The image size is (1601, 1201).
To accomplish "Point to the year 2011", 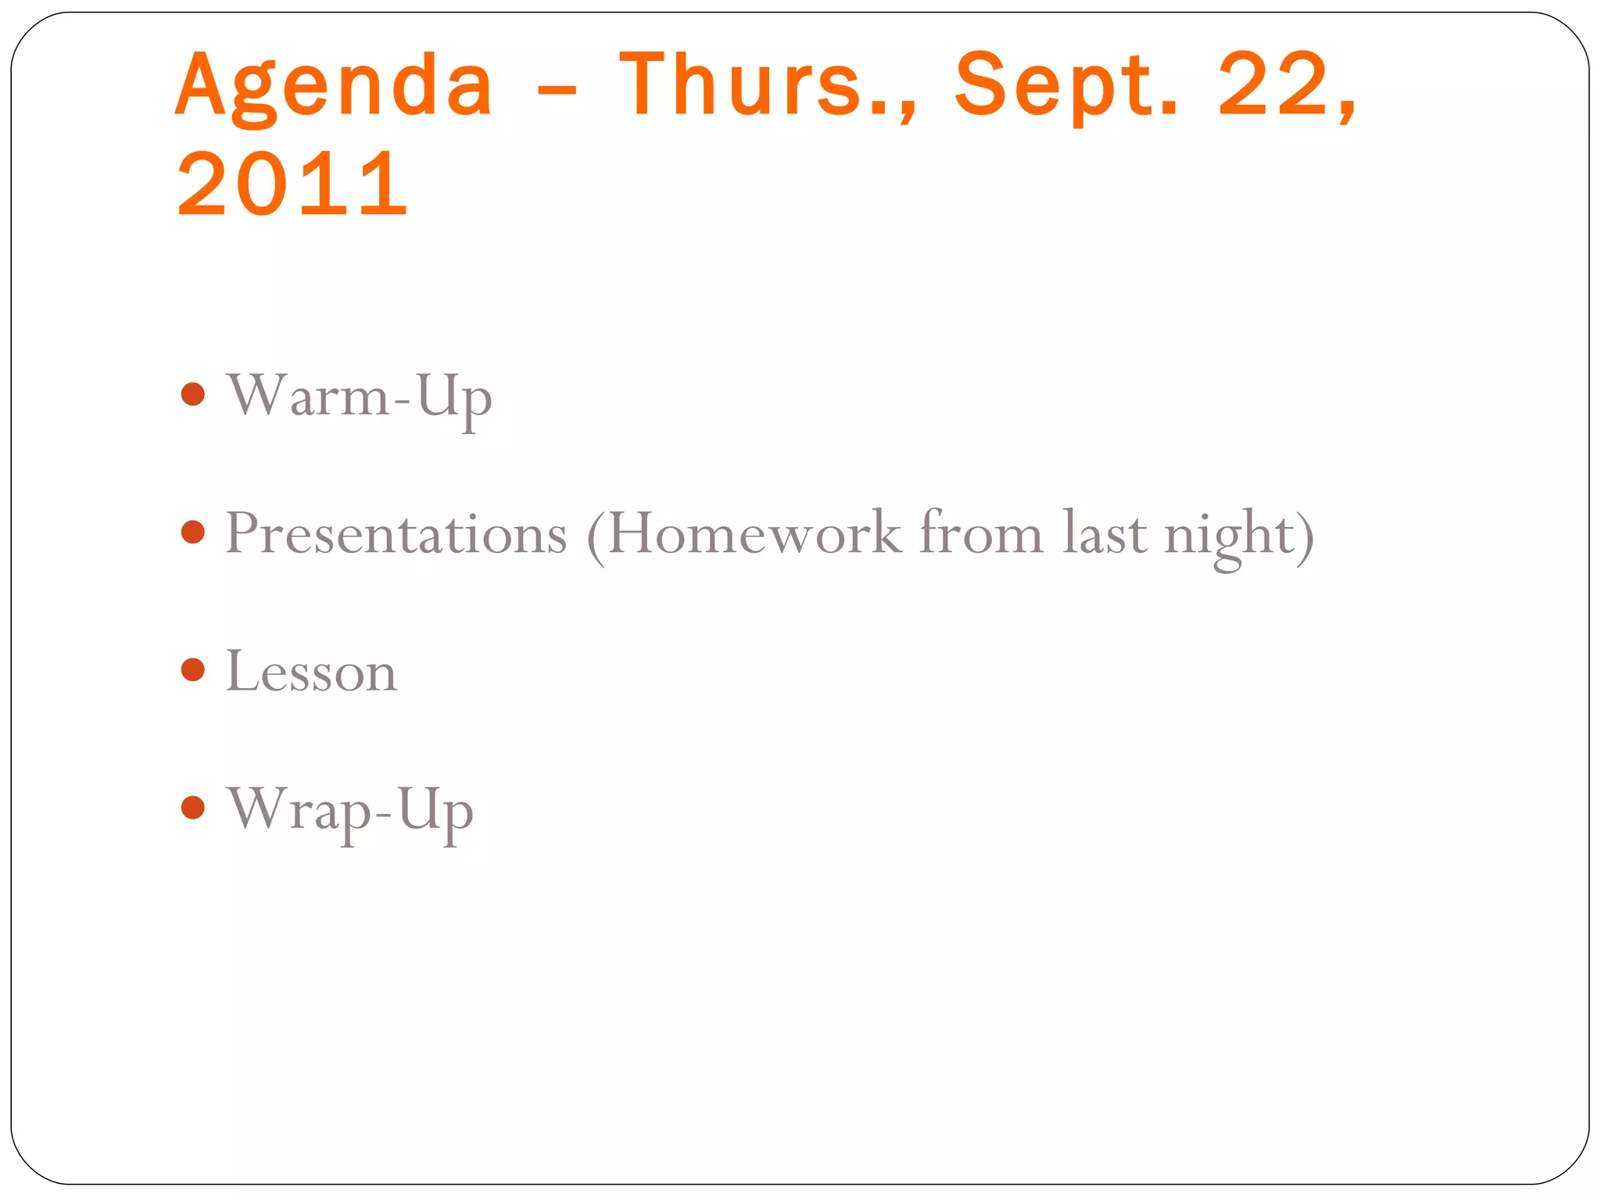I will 292,185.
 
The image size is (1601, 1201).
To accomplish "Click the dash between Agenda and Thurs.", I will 557,89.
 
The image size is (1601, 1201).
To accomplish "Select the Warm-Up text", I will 359,397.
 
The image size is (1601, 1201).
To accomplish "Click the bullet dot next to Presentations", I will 192,532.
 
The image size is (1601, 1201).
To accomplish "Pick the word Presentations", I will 396,535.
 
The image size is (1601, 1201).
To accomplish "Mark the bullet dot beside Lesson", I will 192,669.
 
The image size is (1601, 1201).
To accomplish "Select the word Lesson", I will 311,672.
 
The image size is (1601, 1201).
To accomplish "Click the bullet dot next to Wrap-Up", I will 192,807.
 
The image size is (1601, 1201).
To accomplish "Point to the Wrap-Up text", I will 349,811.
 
